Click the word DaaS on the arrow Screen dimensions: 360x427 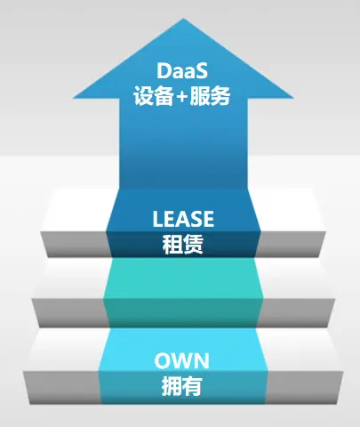click(182, 71)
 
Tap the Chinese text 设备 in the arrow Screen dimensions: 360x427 click(153, 96)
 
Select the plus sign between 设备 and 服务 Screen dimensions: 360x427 click(181, 97)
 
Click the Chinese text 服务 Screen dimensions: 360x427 click(210, 96)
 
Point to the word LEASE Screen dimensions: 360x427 click(183, 219)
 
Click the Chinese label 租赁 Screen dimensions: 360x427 click(183, 244)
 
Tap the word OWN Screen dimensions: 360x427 click(181, 360)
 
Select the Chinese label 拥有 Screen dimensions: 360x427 click(181, 386)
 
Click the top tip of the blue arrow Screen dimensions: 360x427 click(183, 19)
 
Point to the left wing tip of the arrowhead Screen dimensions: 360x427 click(73, 97)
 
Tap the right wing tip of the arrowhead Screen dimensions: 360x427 click(293, 97)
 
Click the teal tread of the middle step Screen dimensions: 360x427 click(183, 278)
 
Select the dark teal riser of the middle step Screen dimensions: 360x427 click(183, 313)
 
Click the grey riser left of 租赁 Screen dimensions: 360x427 click(76, 245)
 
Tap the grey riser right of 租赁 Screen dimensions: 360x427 click(291, 245)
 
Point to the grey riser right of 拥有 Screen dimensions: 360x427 click(305, 387)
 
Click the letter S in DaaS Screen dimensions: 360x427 click(202, 71)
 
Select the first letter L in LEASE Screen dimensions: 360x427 click(157, 219)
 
